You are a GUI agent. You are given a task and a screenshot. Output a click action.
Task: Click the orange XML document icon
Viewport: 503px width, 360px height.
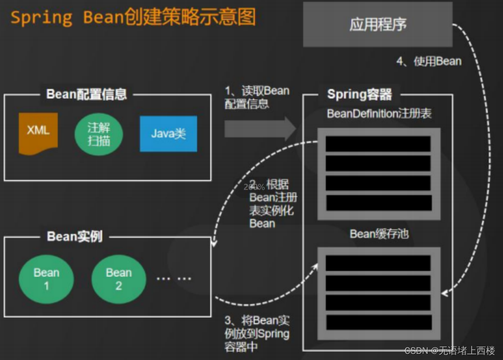[38, 133]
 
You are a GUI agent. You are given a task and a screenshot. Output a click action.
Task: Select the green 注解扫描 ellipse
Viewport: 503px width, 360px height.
[99, 134]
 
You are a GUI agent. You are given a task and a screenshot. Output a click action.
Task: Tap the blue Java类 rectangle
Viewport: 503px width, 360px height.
[168, 134]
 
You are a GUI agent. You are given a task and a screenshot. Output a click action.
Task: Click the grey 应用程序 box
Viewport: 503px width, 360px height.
[377, 24]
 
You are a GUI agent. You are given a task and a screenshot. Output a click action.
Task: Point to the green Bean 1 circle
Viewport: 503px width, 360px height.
[46, 279]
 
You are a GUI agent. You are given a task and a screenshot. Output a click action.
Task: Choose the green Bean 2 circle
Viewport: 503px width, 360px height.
[118, 279]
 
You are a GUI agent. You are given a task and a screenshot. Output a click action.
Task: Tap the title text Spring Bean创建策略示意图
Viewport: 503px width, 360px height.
[133, 18]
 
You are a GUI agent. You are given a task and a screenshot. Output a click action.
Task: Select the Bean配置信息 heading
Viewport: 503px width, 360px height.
[87, 94]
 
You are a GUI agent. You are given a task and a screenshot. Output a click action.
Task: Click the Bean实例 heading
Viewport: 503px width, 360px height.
[75, 236]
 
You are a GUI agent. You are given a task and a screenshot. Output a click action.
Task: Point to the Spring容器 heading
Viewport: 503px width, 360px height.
[359, 94]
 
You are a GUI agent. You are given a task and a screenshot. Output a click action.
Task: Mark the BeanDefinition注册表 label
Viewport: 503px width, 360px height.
[379, 114]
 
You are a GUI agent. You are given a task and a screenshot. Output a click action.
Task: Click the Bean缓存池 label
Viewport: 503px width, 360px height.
[379, 234]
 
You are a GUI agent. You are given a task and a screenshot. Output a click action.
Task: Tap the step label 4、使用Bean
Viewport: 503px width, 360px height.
[429, 61]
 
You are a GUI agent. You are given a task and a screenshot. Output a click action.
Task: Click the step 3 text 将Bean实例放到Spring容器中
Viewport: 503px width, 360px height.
[257, 333]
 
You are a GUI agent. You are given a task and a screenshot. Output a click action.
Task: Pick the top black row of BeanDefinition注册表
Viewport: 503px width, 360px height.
[378, 144]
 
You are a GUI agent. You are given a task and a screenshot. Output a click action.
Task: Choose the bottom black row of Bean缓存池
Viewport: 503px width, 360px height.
[378, 322]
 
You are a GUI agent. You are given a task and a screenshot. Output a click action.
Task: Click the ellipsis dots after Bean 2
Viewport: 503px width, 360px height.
[174, 279]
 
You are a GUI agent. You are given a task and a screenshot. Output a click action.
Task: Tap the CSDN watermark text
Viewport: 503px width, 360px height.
[449, 351]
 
